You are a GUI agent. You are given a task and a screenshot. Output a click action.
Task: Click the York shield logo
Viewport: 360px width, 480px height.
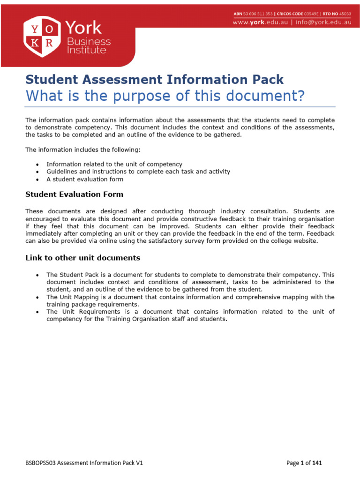(42, 36)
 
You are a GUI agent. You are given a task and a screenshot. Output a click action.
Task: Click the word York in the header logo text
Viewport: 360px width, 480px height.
(83, 28)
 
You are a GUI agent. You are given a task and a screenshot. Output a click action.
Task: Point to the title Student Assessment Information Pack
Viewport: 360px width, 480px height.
(154, 79)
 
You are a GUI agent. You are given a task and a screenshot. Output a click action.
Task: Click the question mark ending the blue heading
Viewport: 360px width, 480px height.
(301, 96)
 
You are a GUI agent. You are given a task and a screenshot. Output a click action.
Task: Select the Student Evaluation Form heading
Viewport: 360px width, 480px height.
(74, 194)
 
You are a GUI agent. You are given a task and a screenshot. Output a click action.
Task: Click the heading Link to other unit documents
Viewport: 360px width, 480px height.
(82, 258)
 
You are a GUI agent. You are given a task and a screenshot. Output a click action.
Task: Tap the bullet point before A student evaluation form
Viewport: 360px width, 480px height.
(37, 180)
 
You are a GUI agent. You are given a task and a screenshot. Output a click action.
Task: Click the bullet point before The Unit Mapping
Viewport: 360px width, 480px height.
(37, 297)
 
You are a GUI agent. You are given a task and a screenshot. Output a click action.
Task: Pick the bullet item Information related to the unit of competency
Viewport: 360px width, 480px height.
(114, 164)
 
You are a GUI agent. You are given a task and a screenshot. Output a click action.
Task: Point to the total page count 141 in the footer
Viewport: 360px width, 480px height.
(317, 463)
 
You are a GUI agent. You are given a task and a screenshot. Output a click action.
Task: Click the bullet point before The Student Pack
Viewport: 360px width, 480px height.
(37, 275)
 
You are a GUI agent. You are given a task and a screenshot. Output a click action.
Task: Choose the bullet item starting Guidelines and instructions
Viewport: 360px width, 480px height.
(138, 172)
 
